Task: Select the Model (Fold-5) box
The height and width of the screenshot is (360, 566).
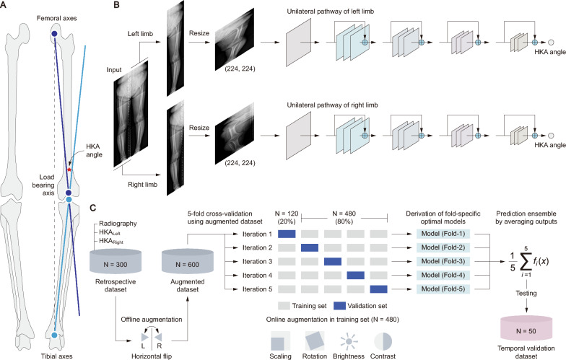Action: [439, 289]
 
